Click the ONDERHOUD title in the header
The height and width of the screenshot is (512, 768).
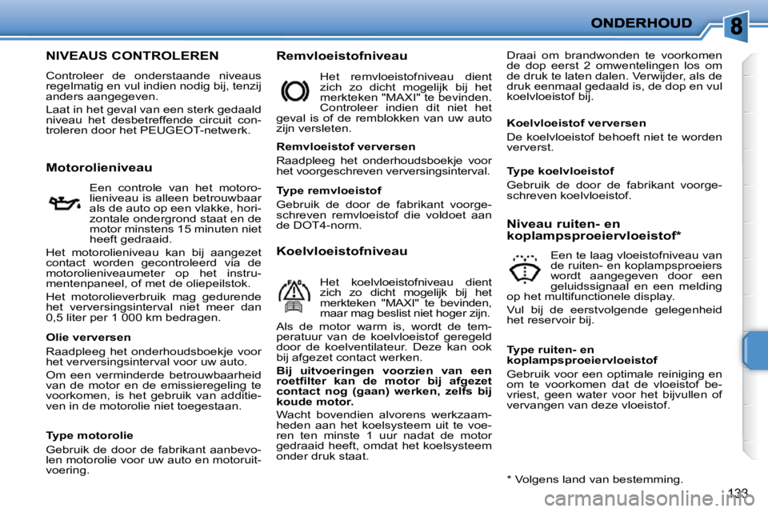(641, 23)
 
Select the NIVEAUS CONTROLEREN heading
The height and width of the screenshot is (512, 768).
(132, 56)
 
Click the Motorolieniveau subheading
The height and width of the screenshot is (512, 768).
(99, 167)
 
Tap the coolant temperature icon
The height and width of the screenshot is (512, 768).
(294, 294)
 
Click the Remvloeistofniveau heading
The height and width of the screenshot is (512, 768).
(342, 56)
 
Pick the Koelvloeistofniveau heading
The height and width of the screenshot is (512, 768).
(342, 250)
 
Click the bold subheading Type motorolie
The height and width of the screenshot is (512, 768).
(90, 435)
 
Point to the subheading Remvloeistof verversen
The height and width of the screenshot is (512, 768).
(345, 146)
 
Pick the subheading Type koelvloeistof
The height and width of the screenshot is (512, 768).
(561, 171)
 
